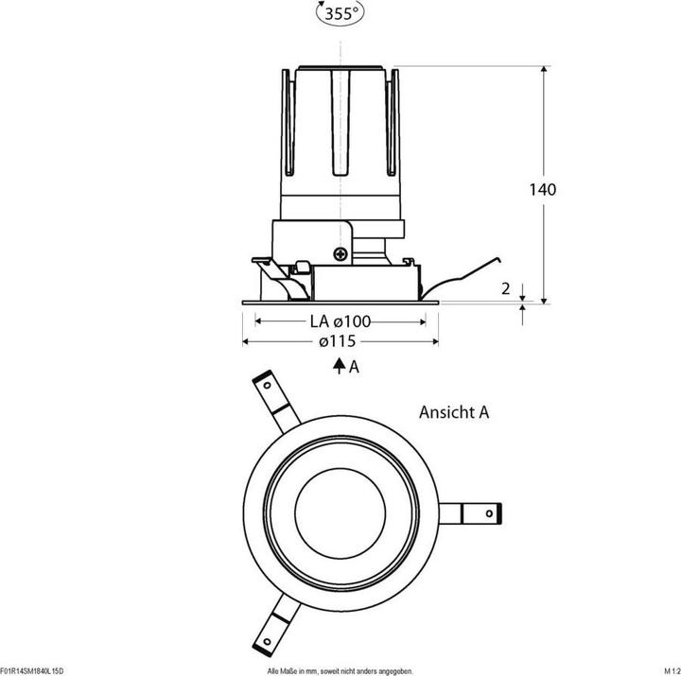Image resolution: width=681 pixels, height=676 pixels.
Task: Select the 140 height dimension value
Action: tap(542, 189)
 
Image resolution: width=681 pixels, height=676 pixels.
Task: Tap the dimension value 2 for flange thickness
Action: tap(507, 287)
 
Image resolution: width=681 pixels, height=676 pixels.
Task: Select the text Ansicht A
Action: tap(454, 412)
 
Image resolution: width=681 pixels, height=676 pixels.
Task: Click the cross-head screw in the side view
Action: tap(340, 253)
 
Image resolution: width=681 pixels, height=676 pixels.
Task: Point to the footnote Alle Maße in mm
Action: tap(340, 670)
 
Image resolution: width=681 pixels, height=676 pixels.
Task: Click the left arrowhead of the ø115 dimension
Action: tap(248, 341)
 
